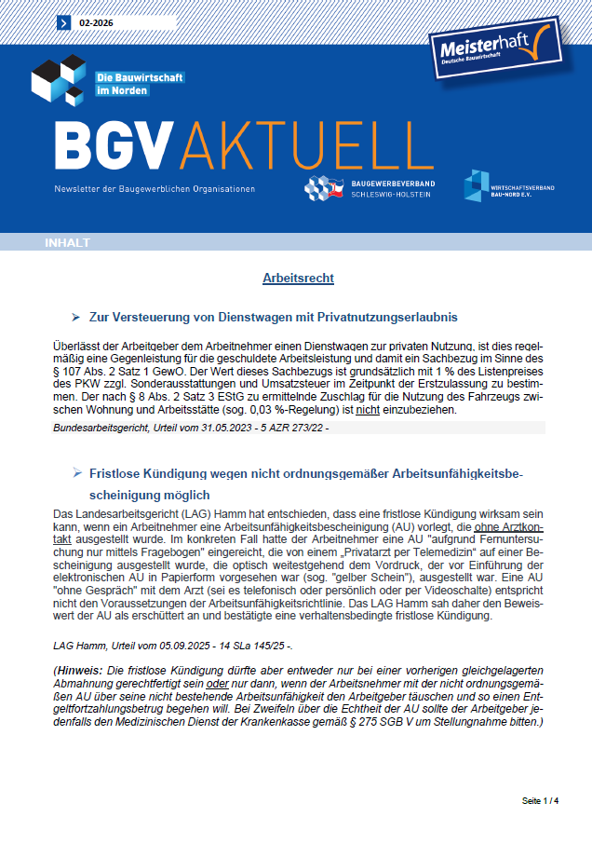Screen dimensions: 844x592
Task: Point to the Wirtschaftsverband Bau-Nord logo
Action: click(x=508, y=188)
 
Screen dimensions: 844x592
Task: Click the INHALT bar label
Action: click(x=67, y=243)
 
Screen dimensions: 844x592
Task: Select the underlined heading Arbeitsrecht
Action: click(x=299, y=279)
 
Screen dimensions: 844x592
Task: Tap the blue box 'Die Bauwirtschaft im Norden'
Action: click(x=140, y=83)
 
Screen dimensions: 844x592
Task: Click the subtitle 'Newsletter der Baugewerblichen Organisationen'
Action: click(x=154, y=188)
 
